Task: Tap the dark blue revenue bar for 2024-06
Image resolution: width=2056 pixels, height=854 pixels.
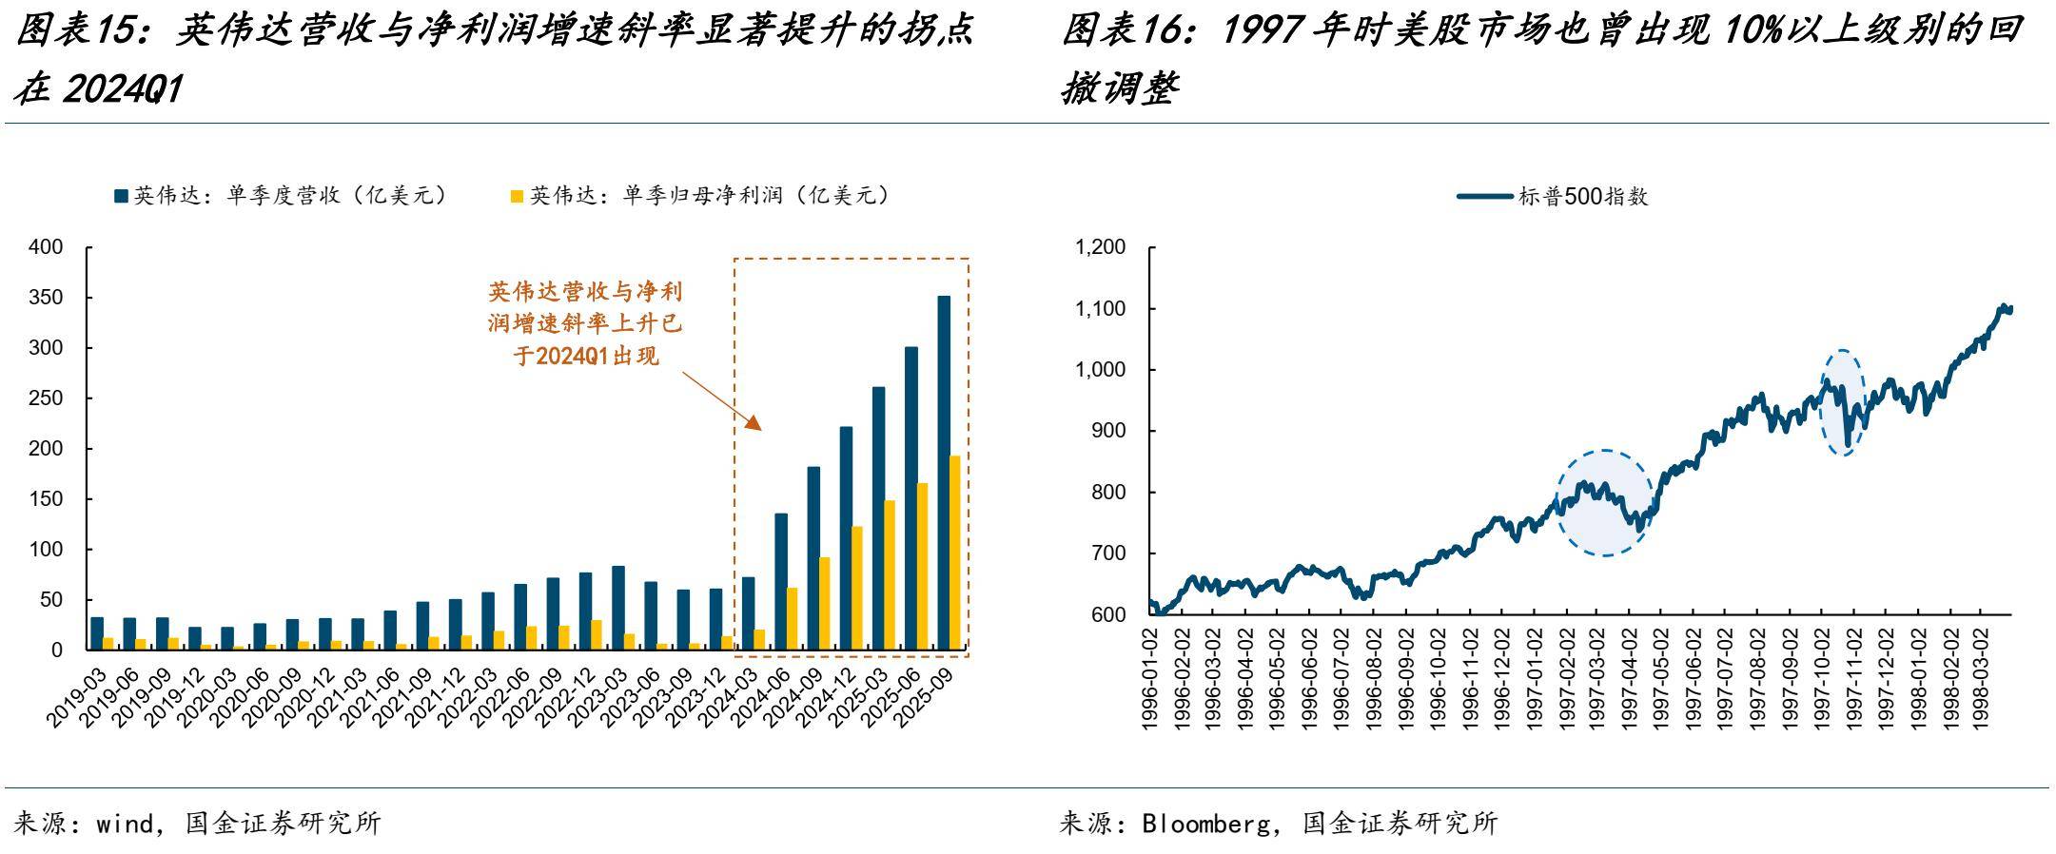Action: click(x=781, y=581)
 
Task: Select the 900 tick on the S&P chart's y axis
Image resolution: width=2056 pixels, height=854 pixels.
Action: click(x=1107, y=431)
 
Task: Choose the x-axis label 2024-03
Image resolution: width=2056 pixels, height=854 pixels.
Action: click(x=725, y=699)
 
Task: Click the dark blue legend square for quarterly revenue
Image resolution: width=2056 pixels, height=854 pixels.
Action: click(x=121, y=196)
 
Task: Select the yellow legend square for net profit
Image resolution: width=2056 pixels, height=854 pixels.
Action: click(x=518, y=196)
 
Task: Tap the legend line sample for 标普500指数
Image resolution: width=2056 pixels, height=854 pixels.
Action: click(x=1485, y=197)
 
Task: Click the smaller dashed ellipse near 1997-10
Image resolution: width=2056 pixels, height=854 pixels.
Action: click(x=1844, y=402)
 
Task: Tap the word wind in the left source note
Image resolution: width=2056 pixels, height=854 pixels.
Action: click(x=125, y=824)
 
